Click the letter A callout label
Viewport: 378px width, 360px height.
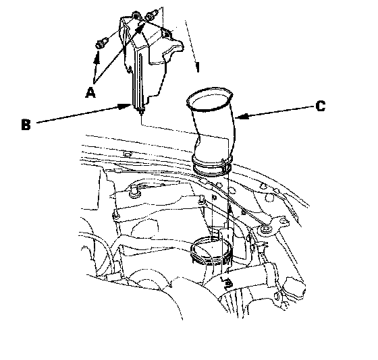90,93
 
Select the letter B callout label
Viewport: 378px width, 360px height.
26,124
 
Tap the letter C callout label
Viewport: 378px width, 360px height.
321,106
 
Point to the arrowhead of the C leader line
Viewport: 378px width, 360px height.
242,117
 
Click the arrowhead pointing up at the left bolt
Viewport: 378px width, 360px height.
97,57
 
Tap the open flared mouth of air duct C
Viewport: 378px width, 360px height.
210,99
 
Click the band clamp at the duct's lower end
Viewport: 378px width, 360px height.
212,165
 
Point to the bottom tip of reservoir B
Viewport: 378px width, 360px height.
141,111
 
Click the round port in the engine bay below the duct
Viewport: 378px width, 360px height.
211,250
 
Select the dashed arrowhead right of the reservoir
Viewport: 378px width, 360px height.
197,67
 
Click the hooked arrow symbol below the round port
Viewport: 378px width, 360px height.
227,283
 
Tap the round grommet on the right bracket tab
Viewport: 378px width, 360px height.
265,228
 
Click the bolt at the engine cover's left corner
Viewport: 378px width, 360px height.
116,215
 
